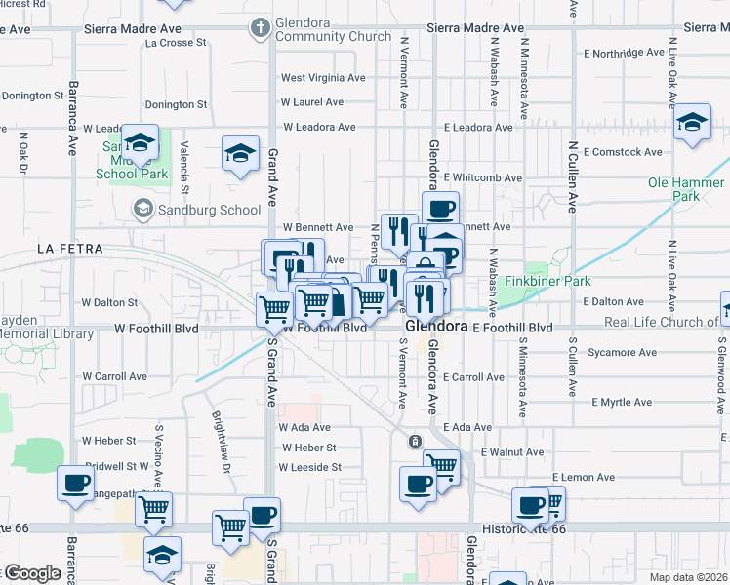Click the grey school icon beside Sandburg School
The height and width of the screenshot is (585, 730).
coord(143,209)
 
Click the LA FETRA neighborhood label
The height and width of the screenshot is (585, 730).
coord(69,249)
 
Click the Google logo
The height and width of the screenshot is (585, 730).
coord(31,572)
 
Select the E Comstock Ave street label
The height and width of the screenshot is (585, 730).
coord(623,152)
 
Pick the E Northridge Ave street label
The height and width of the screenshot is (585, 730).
coord(627,53)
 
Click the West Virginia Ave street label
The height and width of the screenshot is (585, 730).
coord(323,77)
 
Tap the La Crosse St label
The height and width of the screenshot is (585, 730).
coord(176,43)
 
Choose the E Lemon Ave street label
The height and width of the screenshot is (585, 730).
coord(583,478)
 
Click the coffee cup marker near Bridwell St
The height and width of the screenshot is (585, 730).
coord(75,483)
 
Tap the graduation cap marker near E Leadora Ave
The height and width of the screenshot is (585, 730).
coord(692,122)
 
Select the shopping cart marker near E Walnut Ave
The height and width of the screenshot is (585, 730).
coord(442,465)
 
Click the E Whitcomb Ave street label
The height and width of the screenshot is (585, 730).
coord(482,177)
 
